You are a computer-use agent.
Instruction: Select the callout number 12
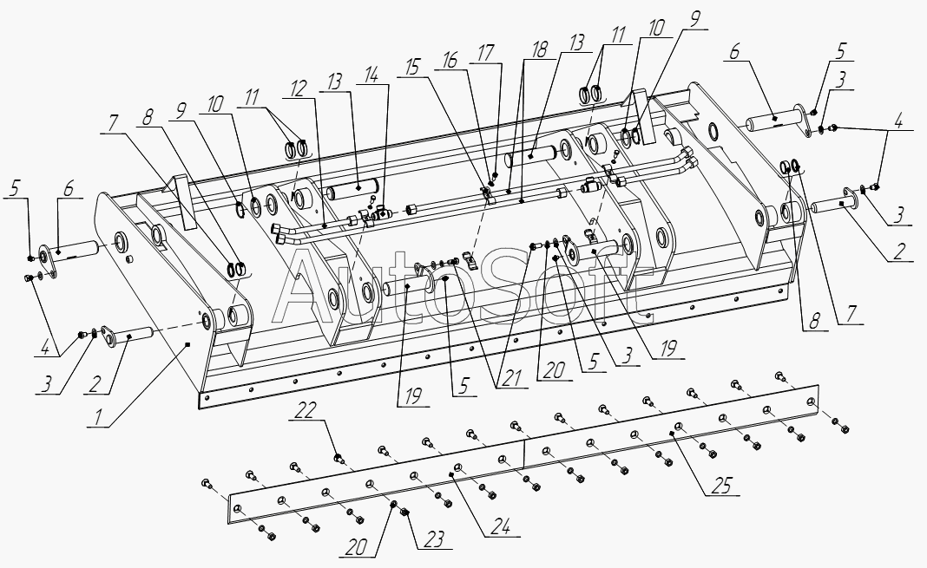pyautogui.click(x=299, y=89)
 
